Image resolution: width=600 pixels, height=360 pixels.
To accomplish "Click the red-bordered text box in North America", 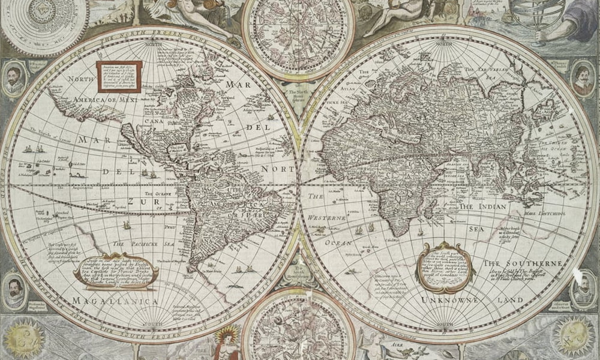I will pyautogui.click(x=119, y=76).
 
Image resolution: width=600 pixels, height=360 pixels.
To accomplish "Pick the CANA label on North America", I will pyautogui.click(x=154, y=121).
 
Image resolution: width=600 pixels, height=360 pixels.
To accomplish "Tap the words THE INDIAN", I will pyautogui.click(x=483, y=206).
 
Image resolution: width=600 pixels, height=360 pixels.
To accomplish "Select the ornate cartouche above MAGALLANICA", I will pyautogui.click(x=116, y=272).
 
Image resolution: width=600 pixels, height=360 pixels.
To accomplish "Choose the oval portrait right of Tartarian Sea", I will pyautogui.click(x=581, y=77).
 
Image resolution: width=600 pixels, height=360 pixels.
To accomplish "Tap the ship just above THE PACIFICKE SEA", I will pyautogui.click(x=127, y=226).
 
